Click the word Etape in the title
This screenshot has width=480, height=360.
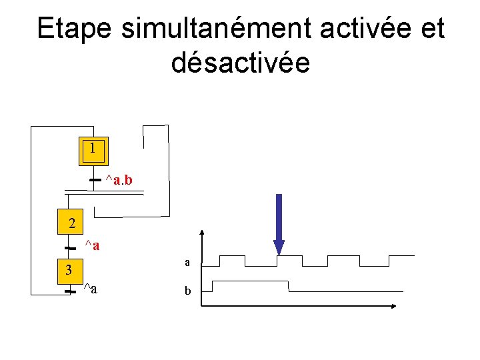pyautogui.click(x=75, y=29)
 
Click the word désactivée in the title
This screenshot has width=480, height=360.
pyautogui.click(x=240, y=63)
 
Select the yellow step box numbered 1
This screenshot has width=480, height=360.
pyautogui.click(x=93, y=151)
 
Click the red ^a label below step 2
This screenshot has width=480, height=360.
pyautogui.click(x=92, y=246)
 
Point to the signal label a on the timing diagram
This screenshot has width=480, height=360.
pyautogui.click(x=188, y=264)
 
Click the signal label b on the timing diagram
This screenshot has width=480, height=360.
pyautogui.click(x=188, y=291)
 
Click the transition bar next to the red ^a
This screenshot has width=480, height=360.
pyautogui.click(x=68, y=248)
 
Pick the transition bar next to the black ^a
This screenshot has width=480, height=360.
pyautogui.click(x=68, y=291)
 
